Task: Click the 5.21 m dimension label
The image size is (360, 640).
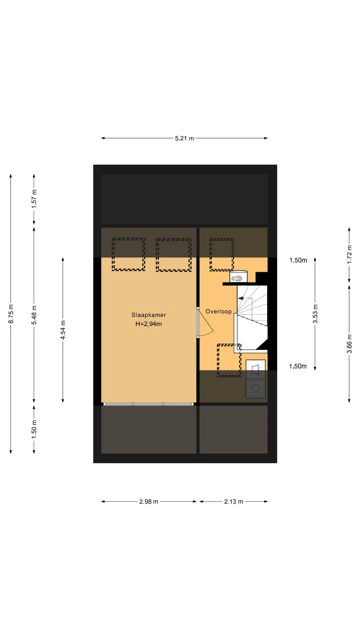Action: tap(184, 138)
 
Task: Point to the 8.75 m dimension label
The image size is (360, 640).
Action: tap(11, 314)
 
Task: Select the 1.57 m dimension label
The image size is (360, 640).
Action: tap(34, 199)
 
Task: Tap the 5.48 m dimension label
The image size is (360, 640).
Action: tap(34, 315)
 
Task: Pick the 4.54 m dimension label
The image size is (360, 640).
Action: tap(63, 330)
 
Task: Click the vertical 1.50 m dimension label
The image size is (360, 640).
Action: tap(34, 429)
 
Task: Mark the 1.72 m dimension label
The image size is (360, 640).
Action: tap(349, 255)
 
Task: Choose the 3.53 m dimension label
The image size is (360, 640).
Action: tap(315, 314)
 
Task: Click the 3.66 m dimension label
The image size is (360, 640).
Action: tap(349, 344)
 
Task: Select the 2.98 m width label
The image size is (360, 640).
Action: tap(149, 501)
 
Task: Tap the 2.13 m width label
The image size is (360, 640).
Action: tap(234, 501)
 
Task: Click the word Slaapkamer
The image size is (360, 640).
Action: tap(149, 315)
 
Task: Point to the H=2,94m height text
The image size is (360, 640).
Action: tap(149, 324)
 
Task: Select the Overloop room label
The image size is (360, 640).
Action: tap(219, 312)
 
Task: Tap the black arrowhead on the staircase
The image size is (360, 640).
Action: tap(240, 298)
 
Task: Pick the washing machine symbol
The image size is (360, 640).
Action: tap(256, 388)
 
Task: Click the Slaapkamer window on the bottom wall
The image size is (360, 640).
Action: tap(149, 404)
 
